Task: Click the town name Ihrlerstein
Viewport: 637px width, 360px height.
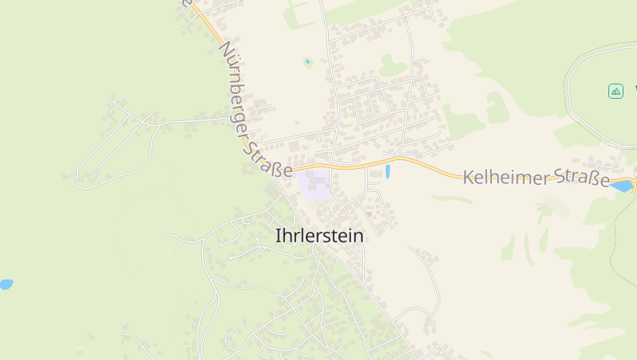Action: click(318, 236)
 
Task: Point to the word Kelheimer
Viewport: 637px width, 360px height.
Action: click(506, 177)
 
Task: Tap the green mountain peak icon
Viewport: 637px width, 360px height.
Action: click(616, 91)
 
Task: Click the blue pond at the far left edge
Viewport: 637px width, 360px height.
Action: click(5, 284)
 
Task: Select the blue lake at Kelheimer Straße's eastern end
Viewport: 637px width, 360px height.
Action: click(622, 186)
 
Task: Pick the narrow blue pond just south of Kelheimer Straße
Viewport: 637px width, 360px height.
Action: click(388, 171)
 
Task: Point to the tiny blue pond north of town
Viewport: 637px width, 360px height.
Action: click(307, 61)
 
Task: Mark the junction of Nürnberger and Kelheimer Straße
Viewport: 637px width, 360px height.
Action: click(293, 170)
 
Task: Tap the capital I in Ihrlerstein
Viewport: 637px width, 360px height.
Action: click(277, 236)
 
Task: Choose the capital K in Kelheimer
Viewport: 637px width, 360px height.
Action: click(468, 175)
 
